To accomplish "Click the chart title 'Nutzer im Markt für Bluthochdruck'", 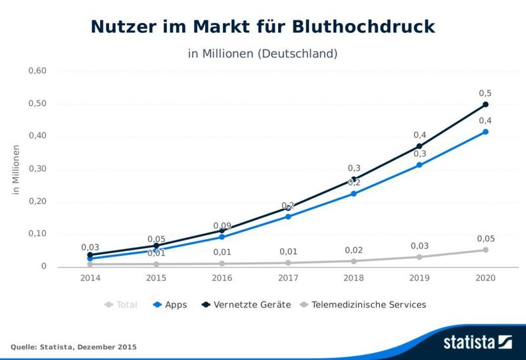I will (x=263, y=26).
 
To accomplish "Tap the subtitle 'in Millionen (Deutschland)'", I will (x=263, y=53).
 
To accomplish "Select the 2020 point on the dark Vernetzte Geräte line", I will (x=486, y=104).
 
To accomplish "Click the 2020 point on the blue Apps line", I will (x=486, y=132).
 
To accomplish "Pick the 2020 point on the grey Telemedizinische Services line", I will (x=486, y=250).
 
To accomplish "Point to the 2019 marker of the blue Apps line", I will (x=419, y=165).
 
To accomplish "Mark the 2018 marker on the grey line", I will (x=354, y=261).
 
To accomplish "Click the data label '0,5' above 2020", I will (x=485, y=93).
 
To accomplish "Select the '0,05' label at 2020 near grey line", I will (x=485, y=238).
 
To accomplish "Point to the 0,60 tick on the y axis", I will (x=37, y=71).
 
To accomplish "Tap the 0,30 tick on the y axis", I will (x=37, y=169).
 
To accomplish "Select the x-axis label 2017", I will (x=288, y=279).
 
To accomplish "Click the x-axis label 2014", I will (x=90, y=279).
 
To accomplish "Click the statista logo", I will (x=477, y=342).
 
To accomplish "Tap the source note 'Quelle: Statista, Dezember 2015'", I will (x=74, y=346).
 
